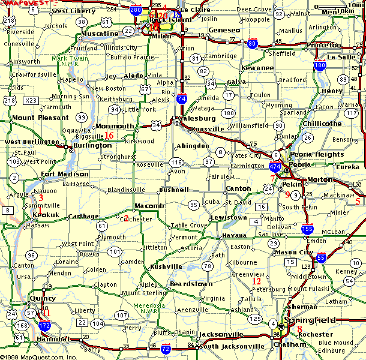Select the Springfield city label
[x=311, y=320]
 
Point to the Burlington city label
[x=92, y=145]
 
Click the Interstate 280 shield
[x=136, y=10]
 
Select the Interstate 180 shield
[x=320, y=65]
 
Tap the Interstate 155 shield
[x=307, y=228]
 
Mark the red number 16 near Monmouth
[x=109, y=135]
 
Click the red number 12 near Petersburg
[x=256, y=281]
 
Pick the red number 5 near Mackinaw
[x=358, y=201]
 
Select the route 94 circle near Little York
[x=114, y=110]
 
